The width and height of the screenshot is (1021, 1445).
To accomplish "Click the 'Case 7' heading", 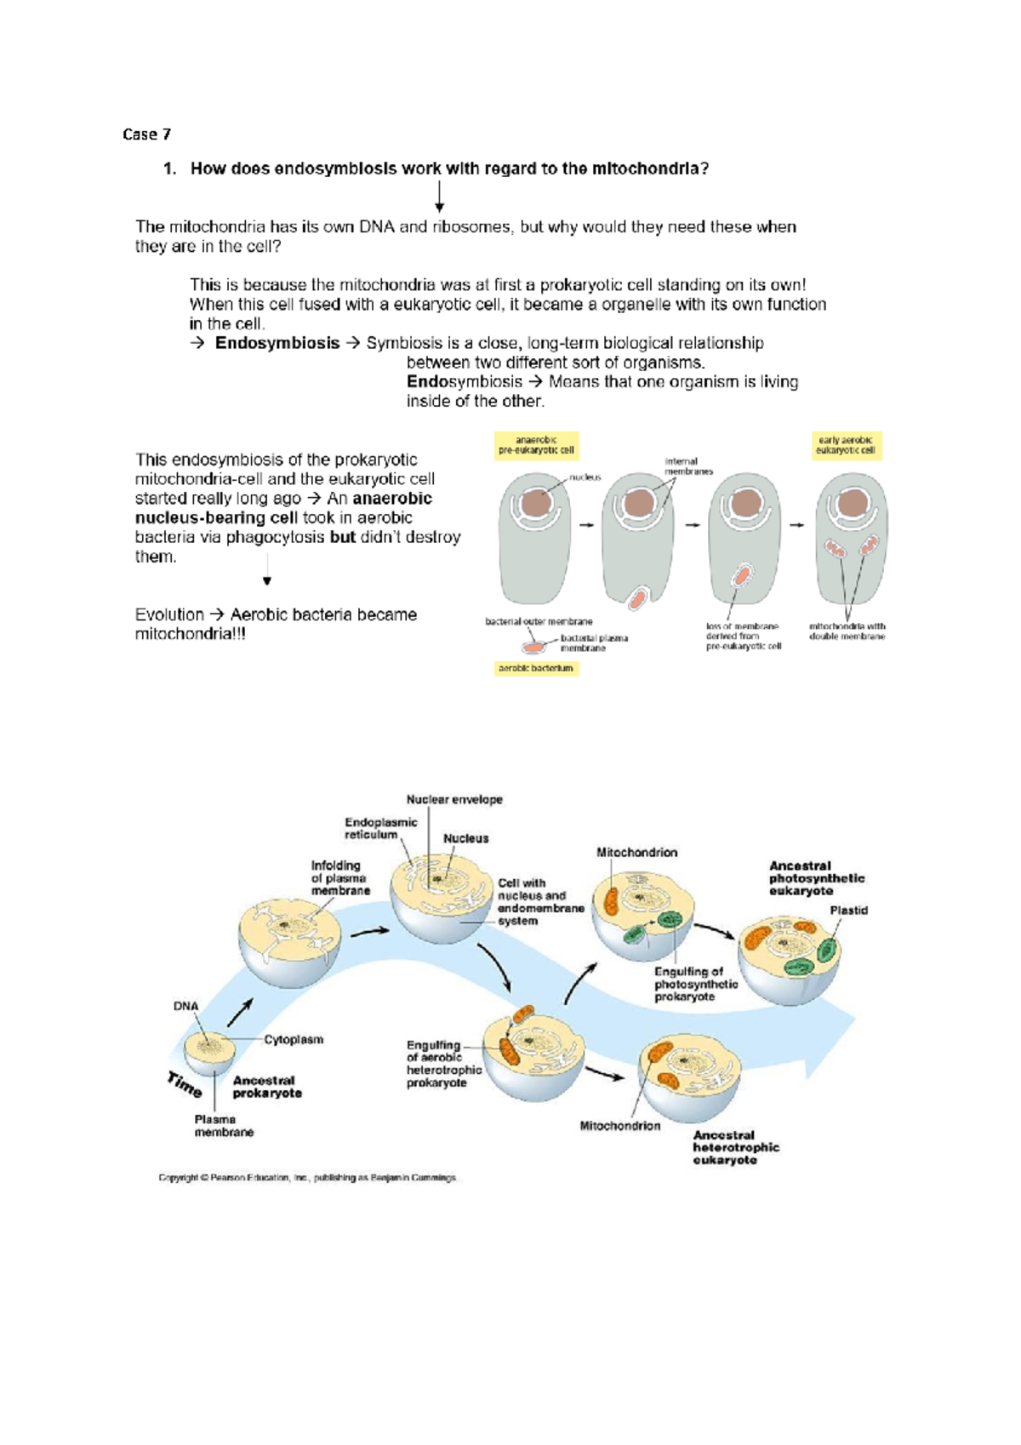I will point(146,134).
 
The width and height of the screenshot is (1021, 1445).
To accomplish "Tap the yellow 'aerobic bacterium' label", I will point(536,669).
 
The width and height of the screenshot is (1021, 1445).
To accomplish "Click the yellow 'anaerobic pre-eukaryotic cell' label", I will point(536,445).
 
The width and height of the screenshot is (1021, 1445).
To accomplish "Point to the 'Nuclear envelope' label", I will point(454,800).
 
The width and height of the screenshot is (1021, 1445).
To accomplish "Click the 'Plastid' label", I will point(848,911).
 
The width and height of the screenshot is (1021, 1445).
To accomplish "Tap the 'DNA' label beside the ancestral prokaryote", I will point(185,1006).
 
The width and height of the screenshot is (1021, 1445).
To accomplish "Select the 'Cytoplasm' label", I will point(294,1040).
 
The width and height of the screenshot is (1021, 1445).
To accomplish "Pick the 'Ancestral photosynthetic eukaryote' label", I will point(816,878).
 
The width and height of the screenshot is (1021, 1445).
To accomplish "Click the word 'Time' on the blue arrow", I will point(185,1084).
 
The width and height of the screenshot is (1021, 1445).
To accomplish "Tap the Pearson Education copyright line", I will point(307,1179).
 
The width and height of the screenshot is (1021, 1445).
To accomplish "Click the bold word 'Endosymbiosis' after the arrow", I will point(277,343).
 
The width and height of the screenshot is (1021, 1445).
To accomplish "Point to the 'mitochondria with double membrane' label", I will point(847,631).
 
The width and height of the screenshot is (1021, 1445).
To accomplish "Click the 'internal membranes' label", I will point(688,466).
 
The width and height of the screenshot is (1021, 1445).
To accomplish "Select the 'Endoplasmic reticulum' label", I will point(380,828).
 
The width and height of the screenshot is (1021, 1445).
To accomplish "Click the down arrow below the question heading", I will point(439,197).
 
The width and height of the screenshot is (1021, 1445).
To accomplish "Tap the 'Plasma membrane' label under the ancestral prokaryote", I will point(224,1126).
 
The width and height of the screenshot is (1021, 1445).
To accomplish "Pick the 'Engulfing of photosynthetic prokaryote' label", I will point(695,984).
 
